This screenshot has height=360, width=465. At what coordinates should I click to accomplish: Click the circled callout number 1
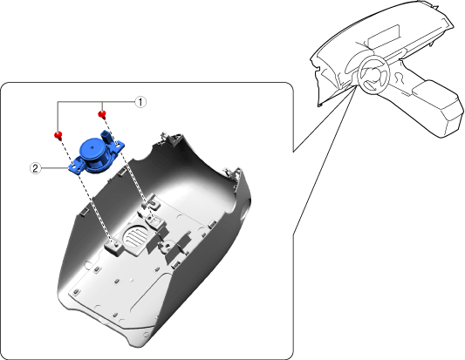click(140, 102)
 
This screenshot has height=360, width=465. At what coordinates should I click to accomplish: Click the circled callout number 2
click(35, 168)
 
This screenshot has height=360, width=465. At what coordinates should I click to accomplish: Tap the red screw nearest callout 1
click(102, 114)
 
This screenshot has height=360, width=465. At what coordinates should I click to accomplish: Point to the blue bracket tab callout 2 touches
click(75, 166)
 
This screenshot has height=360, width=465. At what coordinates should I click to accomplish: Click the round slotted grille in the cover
click(135, 234)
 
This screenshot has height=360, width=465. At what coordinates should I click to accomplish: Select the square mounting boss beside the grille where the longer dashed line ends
click(113, 247)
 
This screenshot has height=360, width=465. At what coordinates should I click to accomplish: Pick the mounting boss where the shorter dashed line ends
click(155, 221)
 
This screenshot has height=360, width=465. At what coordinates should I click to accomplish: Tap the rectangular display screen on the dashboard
click(384, 37)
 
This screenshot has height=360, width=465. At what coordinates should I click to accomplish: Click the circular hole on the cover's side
click(245, 209)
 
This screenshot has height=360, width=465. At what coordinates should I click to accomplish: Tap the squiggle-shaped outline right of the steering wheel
click(400, 77)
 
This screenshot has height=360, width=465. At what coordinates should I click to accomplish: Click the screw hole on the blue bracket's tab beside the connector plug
click(118, 145)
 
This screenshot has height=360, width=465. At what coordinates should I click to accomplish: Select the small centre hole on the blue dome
click(92, 146)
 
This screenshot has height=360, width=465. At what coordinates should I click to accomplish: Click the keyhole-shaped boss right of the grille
click(165, 244)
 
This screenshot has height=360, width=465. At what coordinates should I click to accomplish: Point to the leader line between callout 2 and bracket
click(55, 168)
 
